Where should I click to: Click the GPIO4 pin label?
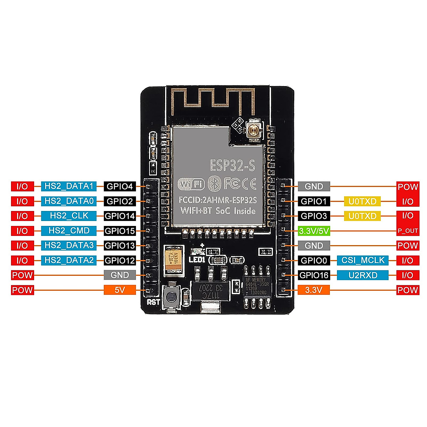[x=120, y=186]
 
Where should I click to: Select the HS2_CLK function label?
[x=69, y=216]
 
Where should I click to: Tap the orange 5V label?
[x=120, y=290]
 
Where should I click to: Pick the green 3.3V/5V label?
[x=314, y=231]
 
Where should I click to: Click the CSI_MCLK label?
[x=363, y=260]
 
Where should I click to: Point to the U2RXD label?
[x=363, y=275]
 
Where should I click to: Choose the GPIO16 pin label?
[x=314, y=275]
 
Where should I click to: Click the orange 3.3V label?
[x=314, y=290]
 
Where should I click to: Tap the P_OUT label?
[x=408, y=231]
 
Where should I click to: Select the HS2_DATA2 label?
[x=69, y=260]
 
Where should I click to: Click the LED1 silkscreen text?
[x=197, y=260]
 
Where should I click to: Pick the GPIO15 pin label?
[x=120, y=231]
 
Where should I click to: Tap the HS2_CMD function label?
[x=69, y=231]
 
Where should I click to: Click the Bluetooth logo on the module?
[x=214, y=183]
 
